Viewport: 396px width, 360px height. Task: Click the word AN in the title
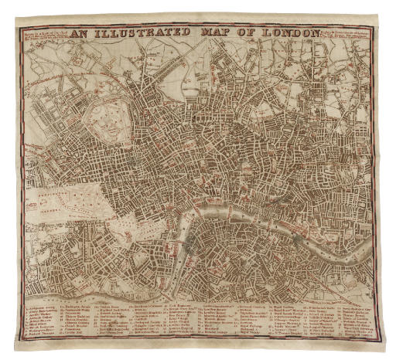[80, 33]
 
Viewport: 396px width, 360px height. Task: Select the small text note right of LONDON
[346, 34]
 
